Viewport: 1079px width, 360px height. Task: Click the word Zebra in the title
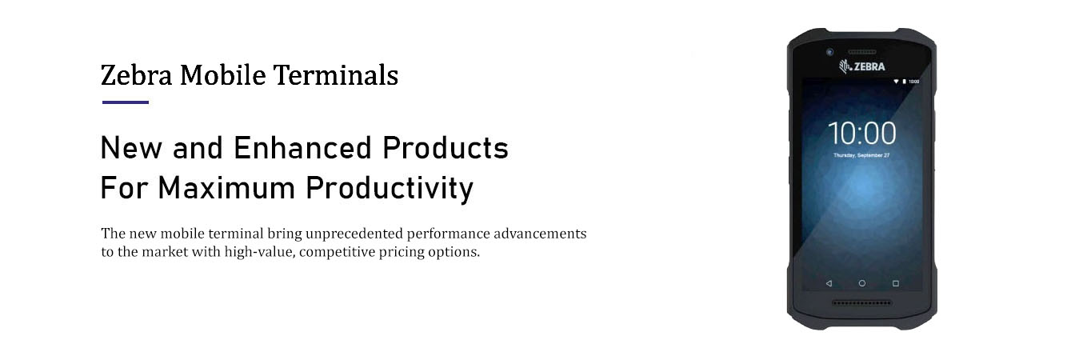point(136,75)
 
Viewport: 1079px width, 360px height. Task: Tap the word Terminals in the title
point(336,75)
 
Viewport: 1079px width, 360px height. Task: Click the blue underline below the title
point(126,102)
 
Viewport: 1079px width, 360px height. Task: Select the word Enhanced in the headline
point(302,148)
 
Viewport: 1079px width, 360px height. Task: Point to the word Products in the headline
point(446,148)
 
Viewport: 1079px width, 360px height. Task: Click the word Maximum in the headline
point(226,188)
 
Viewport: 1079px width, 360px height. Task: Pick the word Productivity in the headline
point(390,189)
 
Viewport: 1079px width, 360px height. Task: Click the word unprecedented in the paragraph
point(354,234)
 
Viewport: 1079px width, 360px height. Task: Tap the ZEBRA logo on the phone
point(861,66)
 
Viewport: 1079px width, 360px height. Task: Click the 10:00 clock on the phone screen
point(861,133)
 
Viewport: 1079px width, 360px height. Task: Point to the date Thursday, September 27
point(861,155)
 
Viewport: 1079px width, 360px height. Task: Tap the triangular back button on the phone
point(829,283)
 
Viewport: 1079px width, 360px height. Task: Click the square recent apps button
point(896,283)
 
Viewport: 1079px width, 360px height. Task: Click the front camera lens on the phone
point(829,51)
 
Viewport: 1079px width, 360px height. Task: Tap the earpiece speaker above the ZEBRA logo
point(861,51)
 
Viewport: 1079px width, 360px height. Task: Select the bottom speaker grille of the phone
point(861,302)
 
